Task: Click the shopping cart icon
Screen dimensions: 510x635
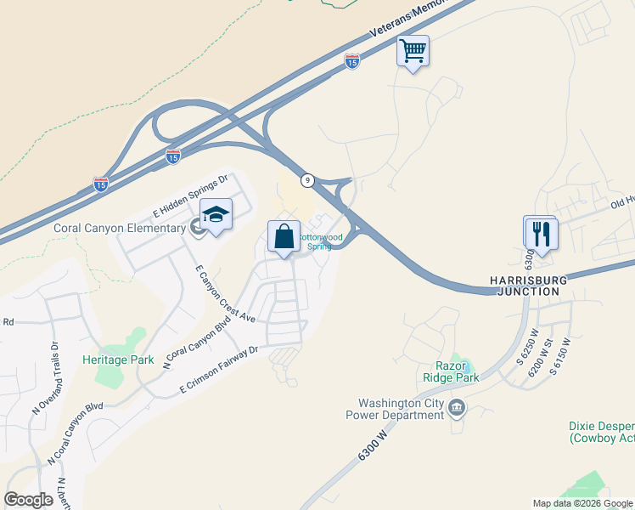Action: [413, 51]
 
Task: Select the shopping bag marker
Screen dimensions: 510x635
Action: [284, 235]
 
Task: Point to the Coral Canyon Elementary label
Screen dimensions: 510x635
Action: [120, 228]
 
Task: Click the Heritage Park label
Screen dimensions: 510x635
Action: [118, 360]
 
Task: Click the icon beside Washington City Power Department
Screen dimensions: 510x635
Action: [457, 409]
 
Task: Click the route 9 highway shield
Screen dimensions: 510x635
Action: [307, 180]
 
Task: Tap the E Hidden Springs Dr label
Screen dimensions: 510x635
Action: [191, 194]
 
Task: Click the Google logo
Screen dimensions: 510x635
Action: [29, 500]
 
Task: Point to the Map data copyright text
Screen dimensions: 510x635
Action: [582, 503]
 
